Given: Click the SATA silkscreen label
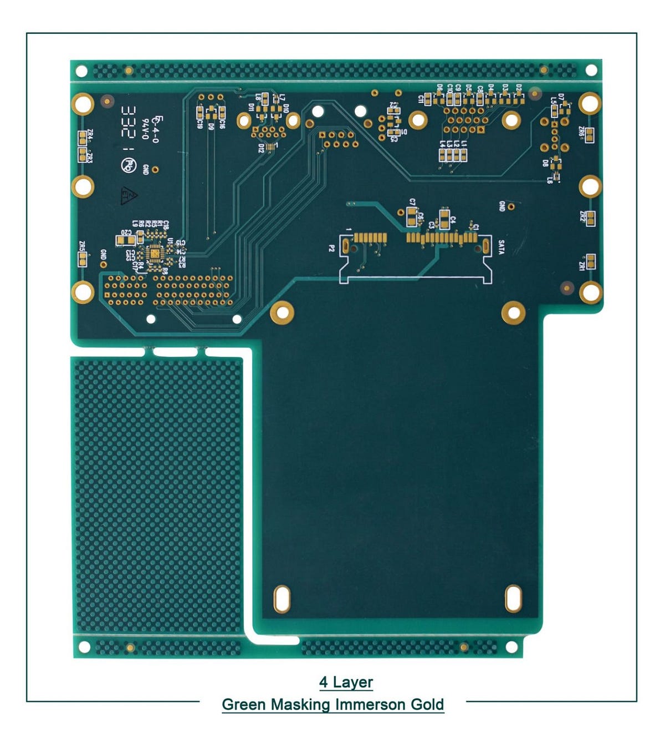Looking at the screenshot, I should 501,247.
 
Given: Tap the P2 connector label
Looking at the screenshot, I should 331,248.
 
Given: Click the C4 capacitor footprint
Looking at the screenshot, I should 444,219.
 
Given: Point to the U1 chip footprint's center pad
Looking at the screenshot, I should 155,254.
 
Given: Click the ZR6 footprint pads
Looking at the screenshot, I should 590,134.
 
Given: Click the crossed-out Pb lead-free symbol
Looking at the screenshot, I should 128,165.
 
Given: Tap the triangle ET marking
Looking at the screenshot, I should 129,194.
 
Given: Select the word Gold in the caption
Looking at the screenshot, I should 427,705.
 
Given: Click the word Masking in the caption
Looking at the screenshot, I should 299,705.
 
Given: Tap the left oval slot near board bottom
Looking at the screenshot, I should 282,599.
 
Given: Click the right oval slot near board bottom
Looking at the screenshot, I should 513,599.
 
